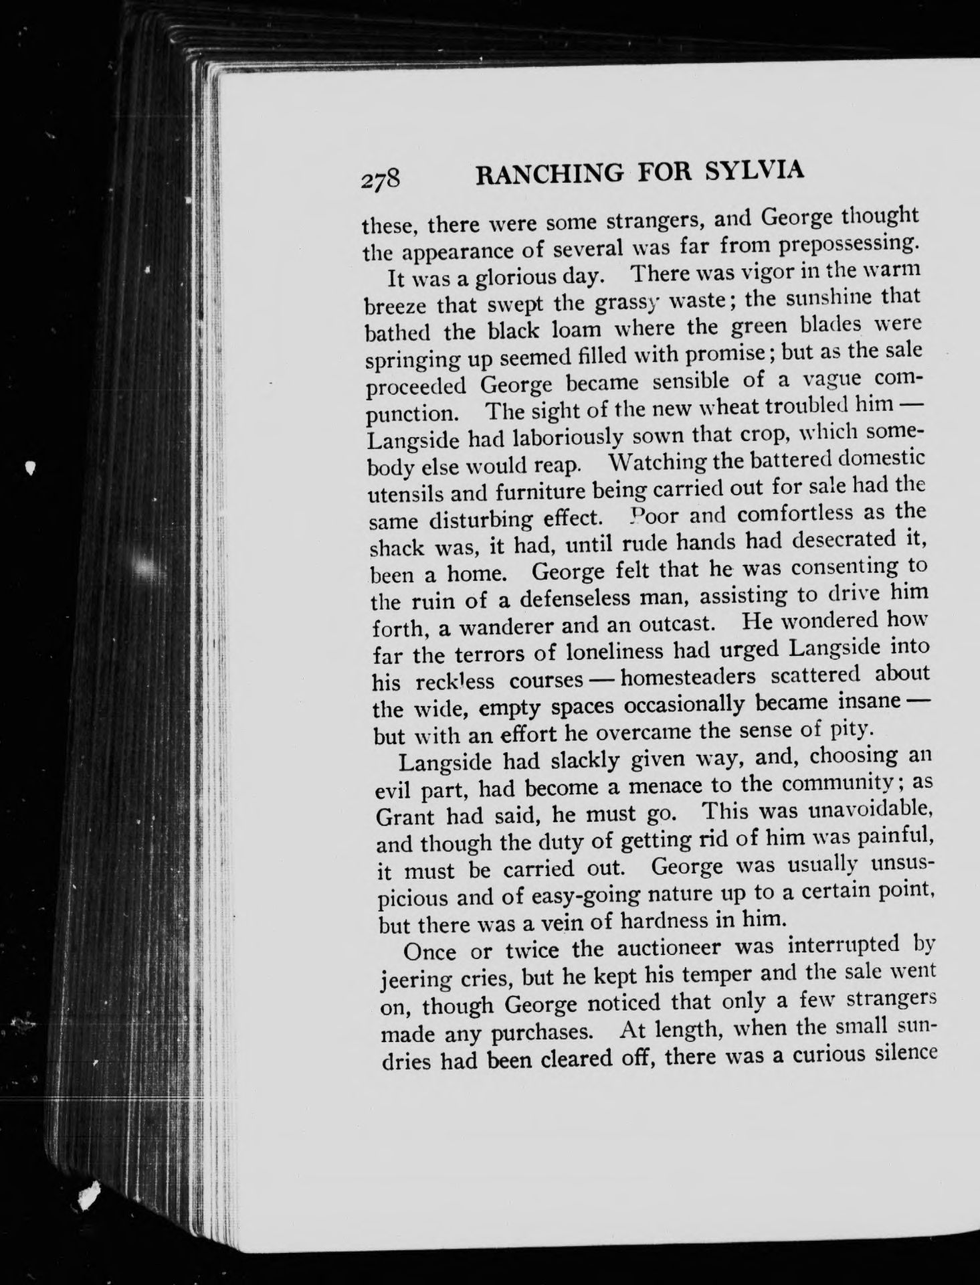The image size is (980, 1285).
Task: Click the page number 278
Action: click(x=381, y=181)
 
